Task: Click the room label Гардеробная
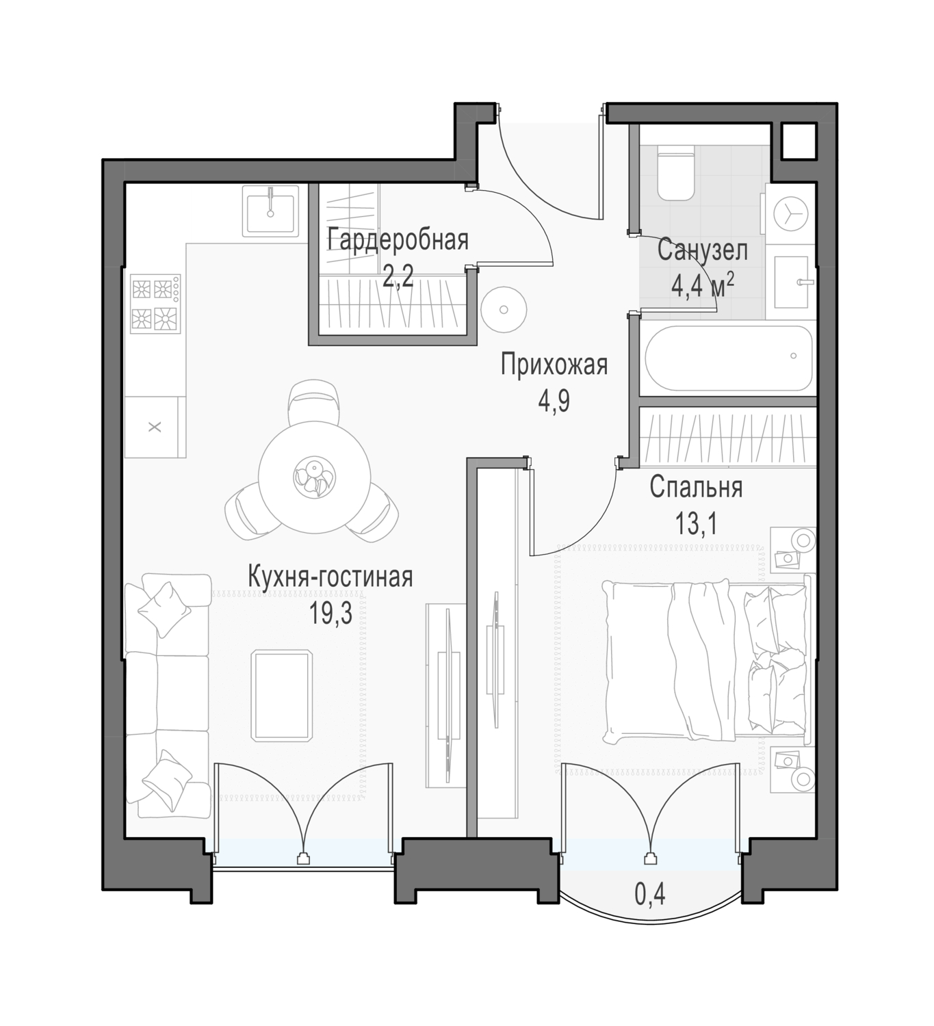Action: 398,240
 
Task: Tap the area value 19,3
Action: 330,613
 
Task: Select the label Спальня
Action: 696,488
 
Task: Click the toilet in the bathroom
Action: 675,172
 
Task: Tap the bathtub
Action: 729,358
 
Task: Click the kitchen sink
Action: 270,211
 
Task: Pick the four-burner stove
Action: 155,304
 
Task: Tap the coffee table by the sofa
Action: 281,696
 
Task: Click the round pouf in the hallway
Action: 504,309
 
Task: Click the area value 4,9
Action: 554,402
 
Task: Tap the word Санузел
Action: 702,250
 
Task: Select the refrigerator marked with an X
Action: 155,427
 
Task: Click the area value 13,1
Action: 697,524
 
